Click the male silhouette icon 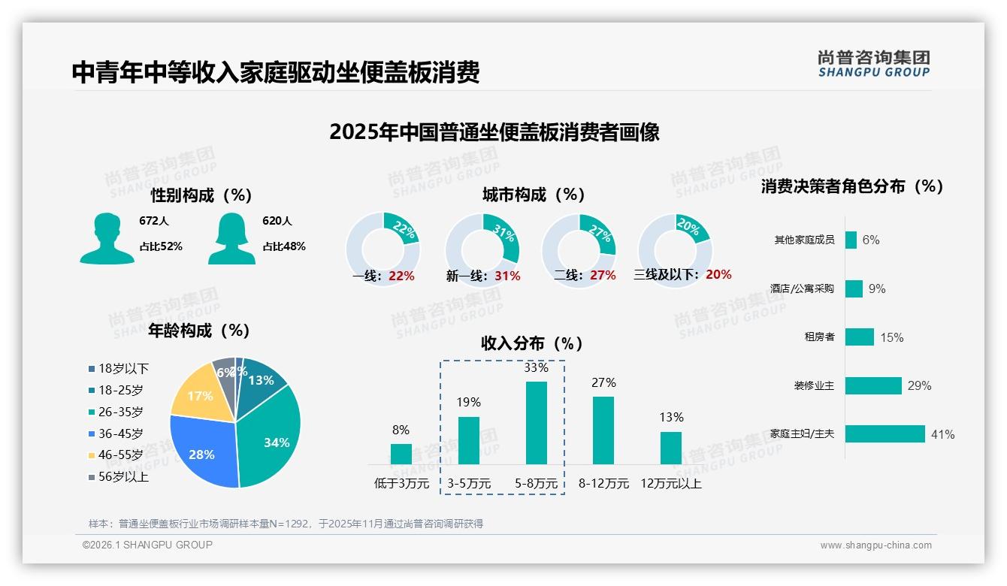pos(107,239)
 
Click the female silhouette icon pos(231,239)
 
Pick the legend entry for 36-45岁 pos(120,433)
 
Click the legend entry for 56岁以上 pos(123,477)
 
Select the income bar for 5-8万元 pos(536,423)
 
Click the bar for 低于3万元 pos(401,454)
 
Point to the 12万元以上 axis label pos(670,484)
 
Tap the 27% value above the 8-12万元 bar pos(603,382)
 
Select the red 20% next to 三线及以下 pos(718,275)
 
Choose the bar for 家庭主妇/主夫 pos(885,434)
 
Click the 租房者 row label pos(819,337)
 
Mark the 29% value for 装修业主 pos(919,386)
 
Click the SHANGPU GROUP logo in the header pos(873,64)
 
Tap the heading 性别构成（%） pos(201,195)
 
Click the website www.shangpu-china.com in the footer pos(875,545)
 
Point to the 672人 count pos(154,221)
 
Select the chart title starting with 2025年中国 pos(494,132)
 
